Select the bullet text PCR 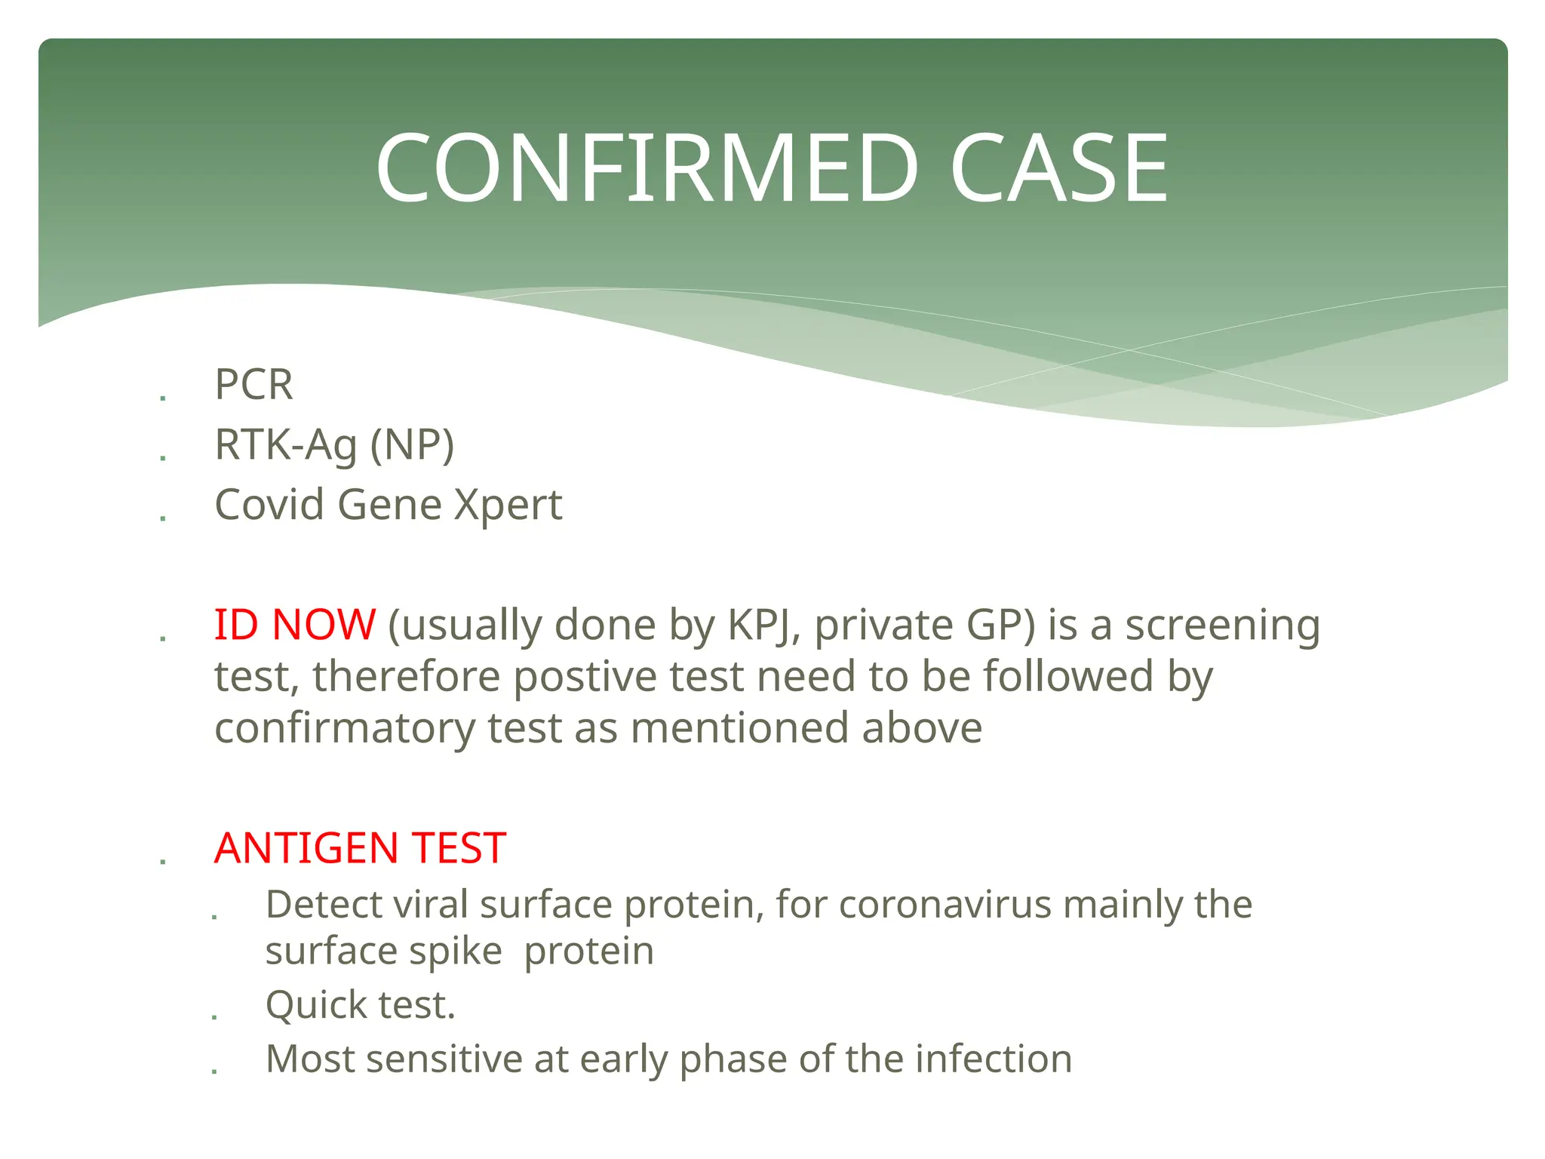[x=253, y=384]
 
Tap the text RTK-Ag [x=286, y=444]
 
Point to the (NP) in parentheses [x=412, y=444]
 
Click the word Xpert [x=508, y=504]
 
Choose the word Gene [x=389, y=504]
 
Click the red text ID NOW [x=295, y=625]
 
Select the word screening [x=1223, y=625]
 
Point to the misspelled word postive [x=585, y=676]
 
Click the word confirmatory [x=345, y=728]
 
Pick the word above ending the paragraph [x=922, y=728]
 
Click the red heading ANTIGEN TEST [x=360, y=848]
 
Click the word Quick [x=315, y=1005]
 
